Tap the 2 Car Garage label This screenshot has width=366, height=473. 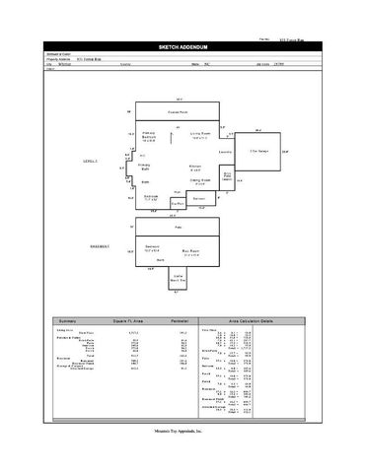tap(260, 151)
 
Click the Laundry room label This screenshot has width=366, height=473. tap(225, 153)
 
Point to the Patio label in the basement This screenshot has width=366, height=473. tap(179, 227)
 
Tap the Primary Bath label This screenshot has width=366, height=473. tap(144, 167)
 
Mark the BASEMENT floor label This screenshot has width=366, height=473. tap(99, 243)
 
